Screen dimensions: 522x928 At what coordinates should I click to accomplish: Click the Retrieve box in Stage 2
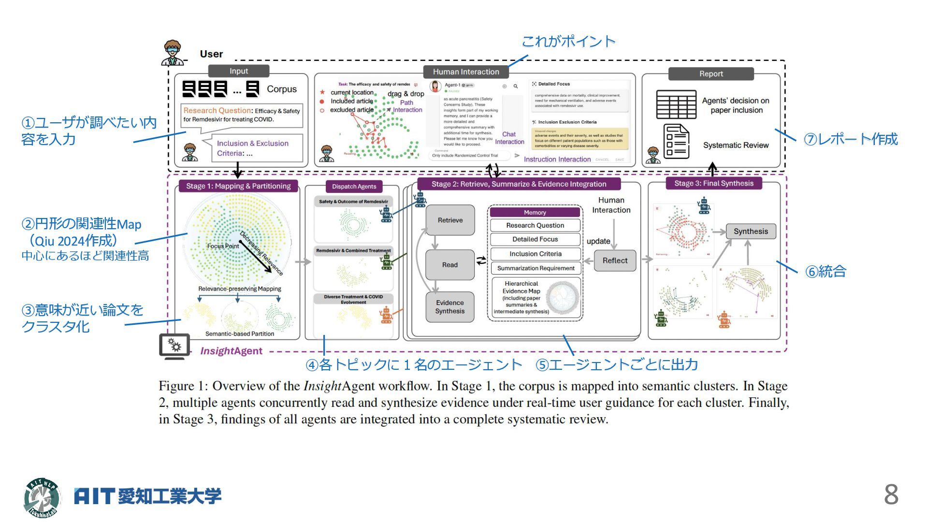pyautogui.click(x=450, y=220)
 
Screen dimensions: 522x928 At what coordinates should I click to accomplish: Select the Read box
pyautogui.click(x=449, y=265)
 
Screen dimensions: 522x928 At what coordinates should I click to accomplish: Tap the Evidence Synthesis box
pyautogui.click(x=449, y=307)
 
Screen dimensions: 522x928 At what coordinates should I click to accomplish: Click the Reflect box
pyautogui.click(x=615, y=261)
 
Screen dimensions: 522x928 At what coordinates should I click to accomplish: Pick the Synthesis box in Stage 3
pyautogui.click(x=751, y=232)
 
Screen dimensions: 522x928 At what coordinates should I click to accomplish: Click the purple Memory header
pyautogui.click(x=535, y=213)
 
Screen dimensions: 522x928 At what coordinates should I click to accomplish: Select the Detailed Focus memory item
pyautogui.click(x=535, y=239)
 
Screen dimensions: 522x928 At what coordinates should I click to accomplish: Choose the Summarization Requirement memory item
pyautogui.click(x=536, y=268)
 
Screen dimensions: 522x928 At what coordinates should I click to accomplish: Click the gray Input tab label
pyautogui.click(x=239, y=71)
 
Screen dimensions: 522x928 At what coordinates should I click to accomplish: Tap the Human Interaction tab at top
pyautogui.click(x=466, y=72)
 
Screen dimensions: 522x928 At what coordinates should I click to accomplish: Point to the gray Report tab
pyautogui.click(x=711, y=74)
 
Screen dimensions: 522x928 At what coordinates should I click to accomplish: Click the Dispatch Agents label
pyautogui.click(x=354, y=187)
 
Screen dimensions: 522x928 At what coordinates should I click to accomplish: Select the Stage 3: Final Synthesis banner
pyautogui.click(x=713, y=184)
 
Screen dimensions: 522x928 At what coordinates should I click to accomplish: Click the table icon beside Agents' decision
pyautogui.click(x=676, y=104)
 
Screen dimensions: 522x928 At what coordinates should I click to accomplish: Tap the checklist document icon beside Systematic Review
pyautogui.click(x=676, y=142)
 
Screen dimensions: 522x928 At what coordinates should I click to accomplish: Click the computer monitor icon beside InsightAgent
pyautogui.click(x=174, y=346)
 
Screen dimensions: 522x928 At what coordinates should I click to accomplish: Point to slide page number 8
pyautogui.click(x=891, y=494)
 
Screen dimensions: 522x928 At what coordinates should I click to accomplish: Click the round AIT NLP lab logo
pyautogui.click(x=43, y=497)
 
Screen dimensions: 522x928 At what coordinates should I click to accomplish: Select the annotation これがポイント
pyautogui.click(x=568, y=42)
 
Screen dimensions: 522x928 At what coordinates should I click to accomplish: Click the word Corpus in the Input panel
pyautogui.click(x=282, y=89)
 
